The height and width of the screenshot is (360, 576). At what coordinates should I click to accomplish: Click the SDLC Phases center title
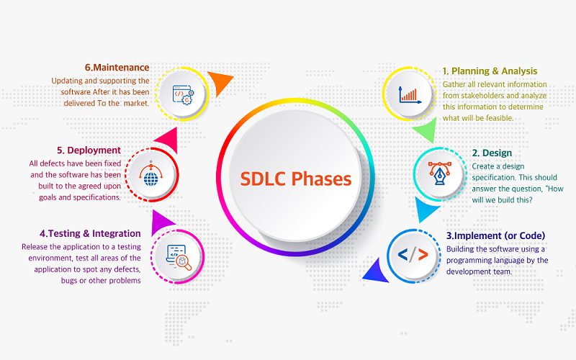coord(296,179)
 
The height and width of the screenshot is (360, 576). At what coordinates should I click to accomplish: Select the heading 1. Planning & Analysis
coord(490,71)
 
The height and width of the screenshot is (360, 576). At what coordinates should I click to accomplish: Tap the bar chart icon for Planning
coord(410,95)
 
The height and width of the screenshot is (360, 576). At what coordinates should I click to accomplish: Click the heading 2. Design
coord(492,153)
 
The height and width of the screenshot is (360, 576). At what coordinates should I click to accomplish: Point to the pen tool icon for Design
coord(440,174)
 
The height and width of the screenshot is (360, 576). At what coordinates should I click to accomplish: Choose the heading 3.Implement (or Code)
coord(495,235)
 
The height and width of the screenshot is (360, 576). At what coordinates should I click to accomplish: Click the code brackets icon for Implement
coord(413,255)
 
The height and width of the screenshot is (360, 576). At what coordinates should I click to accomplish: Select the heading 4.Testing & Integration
coord(91,233)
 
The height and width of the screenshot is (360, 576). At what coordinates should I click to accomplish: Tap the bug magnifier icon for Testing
coord(179,258)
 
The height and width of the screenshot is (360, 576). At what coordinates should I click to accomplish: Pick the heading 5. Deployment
coord(89,150)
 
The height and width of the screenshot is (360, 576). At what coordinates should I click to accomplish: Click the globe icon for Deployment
coord(151,174)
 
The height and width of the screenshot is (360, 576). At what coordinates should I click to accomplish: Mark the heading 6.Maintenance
coord(117,68)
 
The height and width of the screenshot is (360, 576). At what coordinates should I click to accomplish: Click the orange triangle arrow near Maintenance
coord(219,81)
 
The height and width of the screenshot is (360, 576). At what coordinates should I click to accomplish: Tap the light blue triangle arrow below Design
coord(426,209)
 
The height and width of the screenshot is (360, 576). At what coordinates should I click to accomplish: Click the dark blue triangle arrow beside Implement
coord(377,272)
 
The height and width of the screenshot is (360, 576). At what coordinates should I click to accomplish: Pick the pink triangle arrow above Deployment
coord(168,140)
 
